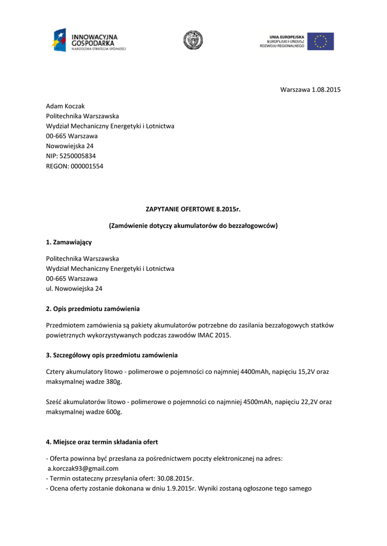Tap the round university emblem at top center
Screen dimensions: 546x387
[193, 41]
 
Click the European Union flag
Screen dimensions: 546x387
[320, 41]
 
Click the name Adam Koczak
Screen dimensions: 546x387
[65, 106]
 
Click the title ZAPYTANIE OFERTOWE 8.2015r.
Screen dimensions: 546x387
[193, 209]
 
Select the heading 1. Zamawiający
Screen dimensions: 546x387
[69, 242]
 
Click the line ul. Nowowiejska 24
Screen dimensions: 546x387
[74, 288]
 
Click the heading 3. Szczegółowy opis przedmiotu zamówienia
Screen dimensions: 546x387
[112, 355]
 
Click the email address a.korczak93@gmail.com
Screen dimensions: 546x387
[83, 468]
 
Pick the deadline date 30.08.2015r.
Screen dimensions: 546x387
[175, 478]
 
